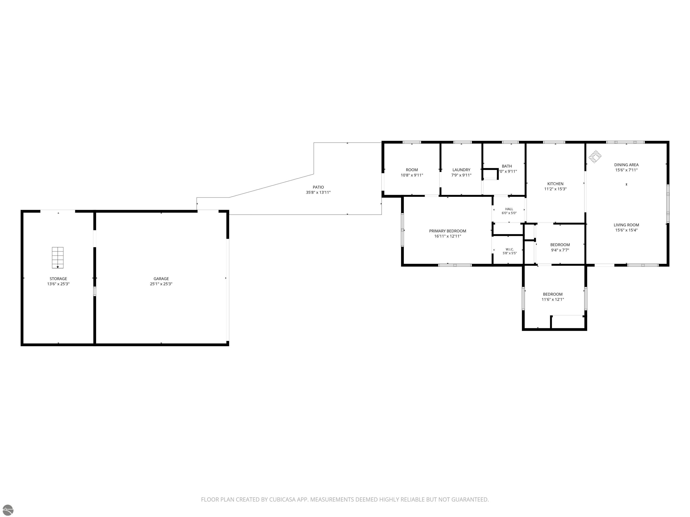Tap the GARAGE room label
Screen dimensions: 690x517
[161, 279]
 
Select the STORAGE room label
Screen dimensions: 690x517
[58, 279]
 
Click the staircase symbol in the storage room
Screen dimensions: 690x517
[58, 257]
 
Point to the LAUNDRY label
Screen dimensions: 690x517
[461, 170]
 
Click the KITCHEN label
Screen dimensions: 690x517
[555, 184]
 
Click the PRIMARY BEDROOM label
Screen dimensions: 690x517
[448, 231]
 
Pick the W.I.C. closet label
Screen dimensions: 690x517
[510, 249]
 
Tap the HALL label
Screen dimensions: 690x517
[509, 209]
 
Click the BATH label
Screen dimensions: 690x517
[507, 166]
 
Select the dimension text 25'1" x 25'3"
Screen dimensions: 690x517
[161, 284]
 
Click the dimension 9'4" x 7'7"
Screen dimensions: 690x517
[560, 250]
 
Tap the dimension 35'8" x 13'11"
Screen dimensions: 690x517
[318, 193]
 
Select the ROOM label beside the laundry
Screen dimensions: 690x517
[412, 170]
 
